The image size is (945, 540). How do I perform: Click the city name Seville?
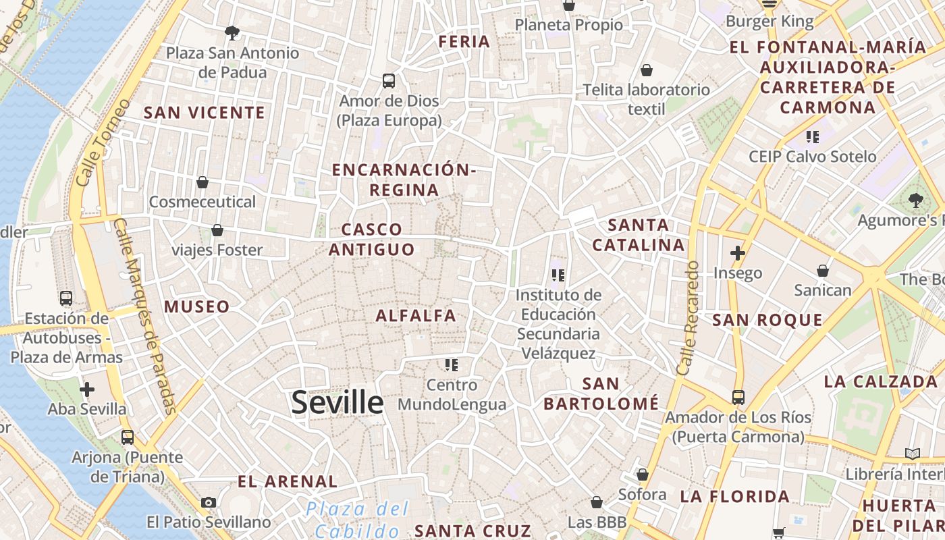[337, 402]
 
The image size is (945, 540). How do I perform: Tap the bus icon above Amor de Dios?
[389, 81]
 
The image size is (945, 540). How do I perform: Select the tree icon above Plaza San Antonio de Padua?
[232, 32]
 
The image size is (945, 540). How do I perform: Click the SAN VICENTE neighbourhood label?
[204, 113]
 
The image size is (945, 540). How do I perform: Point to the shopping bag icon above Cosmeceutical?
[202, 182]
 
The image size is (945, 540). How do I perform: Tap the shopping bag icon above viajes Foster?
[217, 231]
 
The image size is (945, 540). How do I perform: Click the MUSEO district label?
[197, 307]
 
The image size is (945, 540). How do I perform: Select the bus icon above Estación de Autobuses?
[66, 298]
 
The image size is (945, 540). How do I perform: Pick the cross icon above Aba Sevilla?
[87, 389]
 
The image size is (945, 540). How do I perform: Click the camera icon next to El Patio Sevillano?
[209, 502]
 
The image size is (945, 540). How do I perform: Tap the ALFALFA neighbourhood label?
[416, 316]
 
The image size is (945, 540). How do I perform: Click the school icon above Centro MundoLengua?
[452, 365]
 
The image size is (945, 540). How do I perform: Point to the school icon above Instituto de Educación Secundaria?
[558, 275]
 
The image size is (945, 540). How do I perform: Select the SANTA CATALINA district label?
[639, 235]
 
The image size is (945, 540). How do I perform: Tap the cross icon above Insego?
[738, 253]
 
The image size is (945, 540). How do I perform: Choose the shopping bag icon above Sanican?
[823, 271]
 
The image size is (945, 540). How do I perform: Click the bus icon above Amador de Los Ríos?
[738, 397]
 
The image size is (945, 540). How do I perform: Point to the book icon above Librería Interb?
[913, 454]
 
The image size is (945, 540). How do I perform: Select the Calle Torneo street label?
[103, 143]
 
